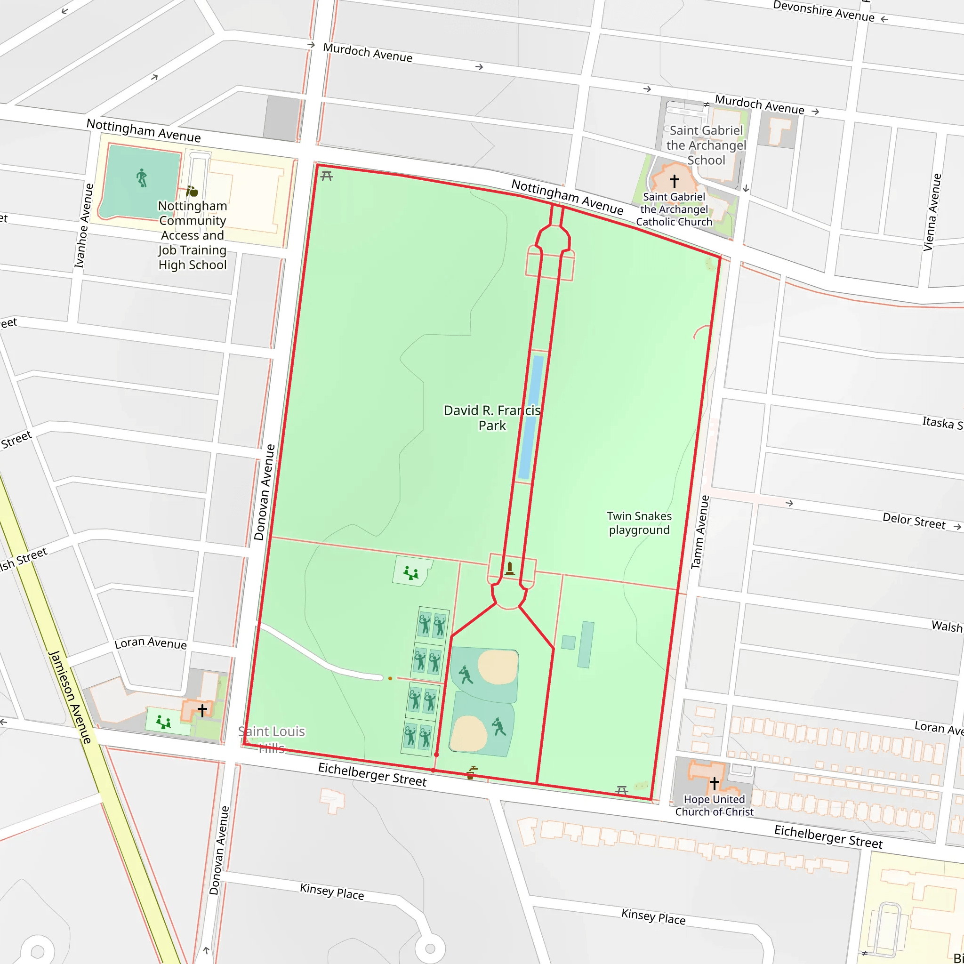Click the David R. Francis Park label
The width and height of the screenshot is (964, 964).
point(491,418)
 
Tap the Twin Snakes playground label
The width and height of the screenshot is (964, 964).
point(639,523)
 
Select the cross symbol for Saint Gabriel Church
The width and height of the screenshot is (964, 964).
point(674,180)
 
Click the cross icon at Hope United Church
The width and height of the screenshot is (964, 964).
point(714,783)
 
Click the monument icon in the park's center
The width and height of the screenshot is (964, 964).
point(509,568)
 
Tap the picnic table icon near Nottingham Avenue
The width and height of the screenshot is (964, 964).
point(326,176)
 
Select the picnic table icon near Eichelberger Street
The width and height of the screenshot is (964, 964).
point(621,790)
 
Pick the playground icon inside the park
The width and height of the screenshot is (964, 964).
point(410,573)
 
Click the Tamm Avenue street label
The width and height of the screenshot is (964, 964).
point(699,532)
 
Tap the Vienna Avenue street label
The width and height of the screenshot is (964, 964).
point(932,212)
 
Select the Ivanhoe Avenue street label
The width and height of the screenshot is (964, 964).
point(84,225)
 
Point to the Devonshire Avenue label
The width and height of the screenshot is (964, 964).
point(823,11)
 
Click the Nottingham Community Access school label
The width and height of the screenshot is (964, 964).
point(193,235)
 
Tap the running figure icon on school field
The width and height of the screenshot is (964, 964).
point(142,177)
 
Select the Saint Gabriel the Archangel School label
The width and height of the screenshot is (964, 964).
point(706,145)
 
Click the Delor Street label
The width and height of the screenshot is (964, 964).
point(914,521)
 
